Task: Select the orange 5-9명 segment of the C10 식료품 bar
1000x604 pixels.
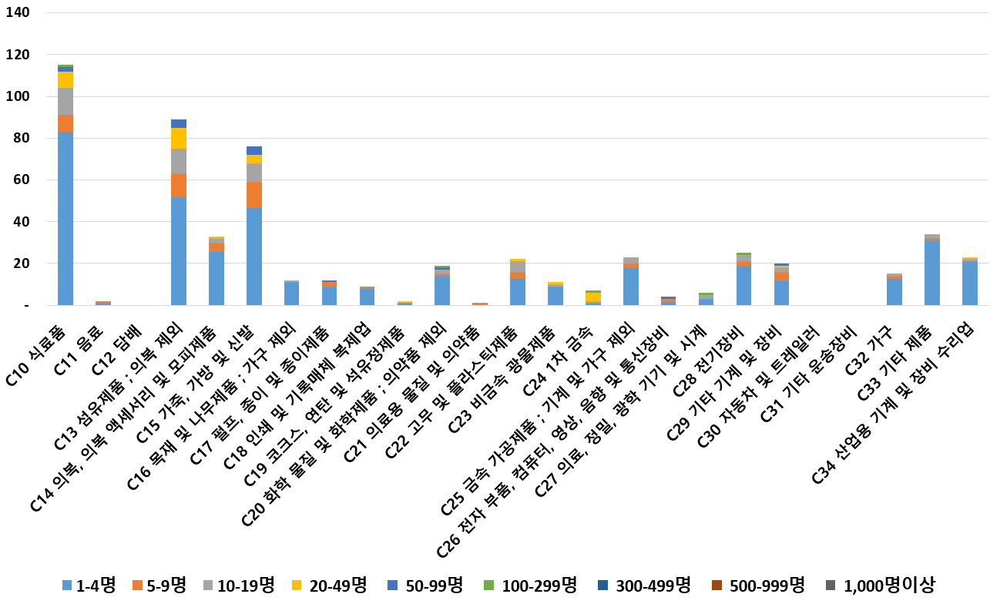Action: pos(65,123)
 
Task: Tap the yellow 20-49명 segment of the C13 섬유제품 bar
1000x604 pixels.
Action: pos(179,138)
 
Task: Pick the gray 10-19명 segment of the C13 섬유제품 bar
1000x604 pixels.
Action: pos(179,161)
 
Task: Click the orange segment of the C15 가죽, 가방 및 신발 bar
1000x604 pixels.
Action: pos(254,195)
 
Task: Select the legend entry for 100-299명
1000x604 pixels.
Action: pos(532,586)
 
